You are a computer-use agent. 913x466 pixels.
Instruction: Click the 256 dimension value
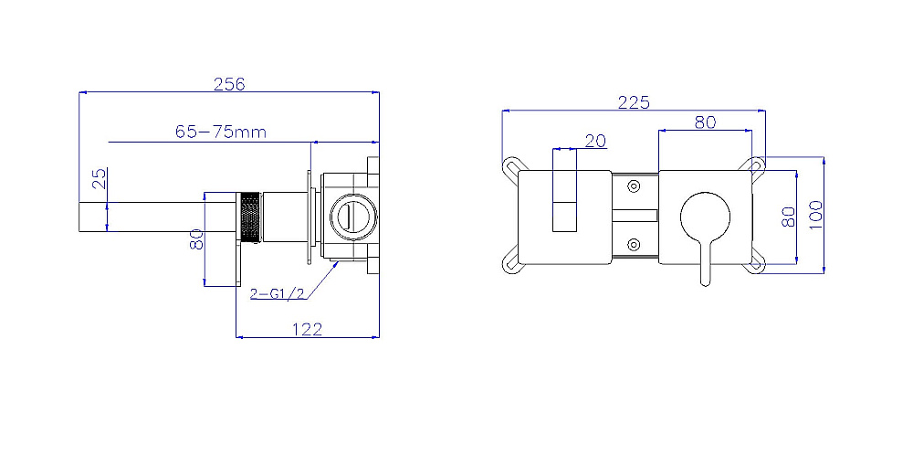229,84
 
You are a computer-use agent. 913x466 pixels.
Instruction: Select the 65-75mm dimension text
221,132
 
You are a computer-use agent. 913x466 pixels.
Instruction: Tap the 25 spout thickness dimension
100,178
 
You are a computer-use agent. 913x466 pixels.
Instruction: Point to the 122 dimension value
307,329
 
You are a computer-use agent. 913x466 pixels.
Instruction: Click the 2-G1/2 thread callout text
278,293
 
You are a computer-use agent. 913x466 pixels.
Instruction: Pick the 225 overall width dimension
634,102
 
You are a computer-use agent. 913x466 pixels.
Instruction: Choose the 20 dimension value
595,141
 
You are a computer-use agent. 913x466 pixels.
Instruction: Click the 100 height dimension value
815,215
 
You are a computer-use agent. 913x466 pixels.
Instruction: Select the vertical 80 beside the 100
788,217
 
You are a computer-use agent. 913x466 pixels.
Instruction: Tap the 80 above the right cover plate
705,122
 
